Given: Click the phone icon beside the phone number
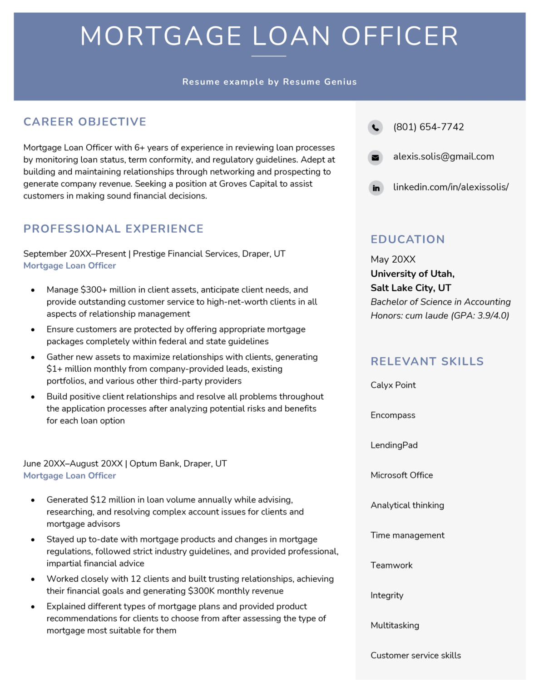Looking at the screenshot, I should coord(376,128).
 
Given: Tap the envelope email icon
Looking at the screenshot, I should coord(376,158).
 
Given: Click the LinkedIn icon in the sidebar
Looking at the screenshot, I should coord(376,188).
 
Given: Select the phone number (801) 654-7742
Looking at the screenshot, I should coord(428,127).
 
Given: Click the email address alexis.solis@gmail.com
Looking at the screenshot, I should coord(443,156).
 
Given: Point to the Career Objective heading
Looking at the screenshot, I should coord(85,122).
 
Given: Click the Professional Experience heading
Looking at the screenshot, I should coord(114,229).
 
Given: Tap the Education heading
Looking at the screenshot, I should coord(407,239).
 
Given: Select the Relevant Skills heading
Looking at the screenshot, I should coord(427,361).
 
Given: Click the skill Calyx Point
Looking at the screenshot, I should coord(393,385).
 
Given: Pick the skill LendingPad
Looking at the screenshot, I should coord(394,445).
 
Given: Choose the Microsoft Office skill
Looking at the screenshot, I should coord(401,475).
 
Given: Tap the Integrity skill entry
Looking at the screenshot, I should coord(386,595).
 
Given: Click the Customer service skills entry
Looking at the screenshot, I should coord(415,655).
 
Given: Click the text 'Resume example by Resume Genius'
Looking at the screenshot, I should coord(269,82).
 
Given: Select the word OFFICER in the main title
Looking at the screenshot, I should coord(400,36).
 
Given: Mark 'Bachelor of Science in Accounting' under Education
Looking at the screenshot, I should coord(440,302).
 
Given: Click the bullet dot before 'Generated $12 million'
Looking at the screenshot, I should coord(33,500).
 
